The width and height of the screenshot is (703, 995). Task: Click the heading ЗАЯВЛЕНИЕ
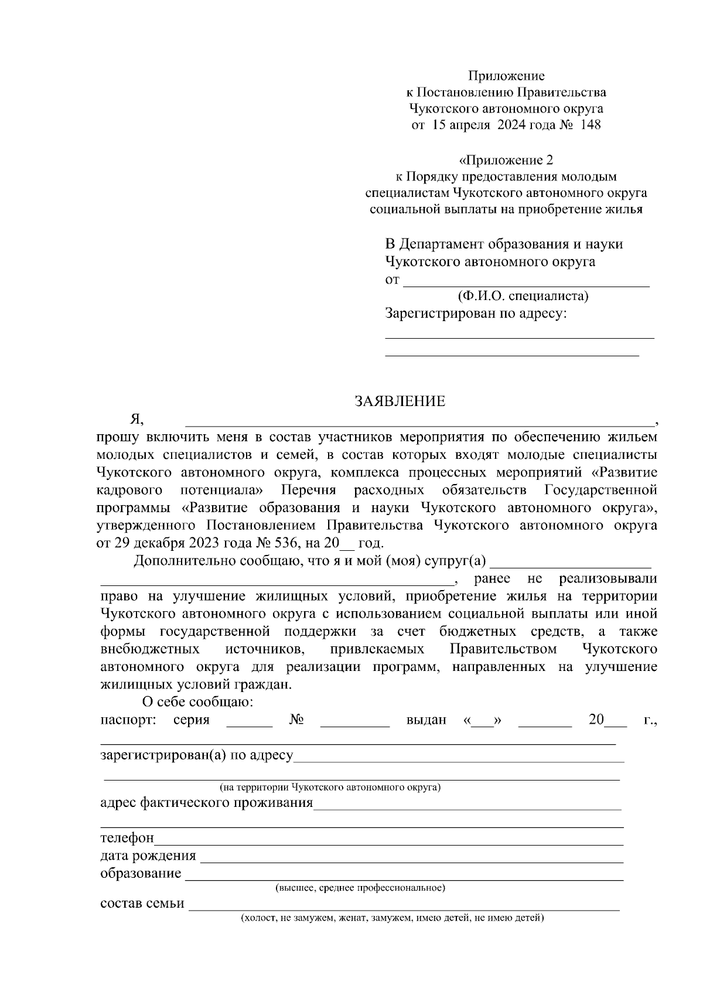pos(400,401)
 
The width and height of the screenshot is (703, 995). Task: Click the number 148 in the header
pos(590,125)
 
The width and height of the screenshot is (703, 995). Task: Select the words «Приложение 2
pos(506,160)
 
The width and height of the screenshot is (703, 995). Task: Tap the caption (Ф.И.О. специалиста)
pos(523,296)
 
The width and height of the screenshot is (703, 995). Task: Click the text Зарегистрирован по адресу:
pos(476,314)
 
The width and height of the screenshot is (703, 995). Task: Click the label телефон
pos(127,839)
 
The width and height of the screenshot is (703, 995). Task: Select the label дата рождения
pos(148,856)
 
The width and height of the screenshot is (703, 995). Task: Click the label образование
pos(141,874)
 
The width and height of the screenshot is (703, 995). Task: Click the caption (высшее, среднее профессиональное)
pos(360,888)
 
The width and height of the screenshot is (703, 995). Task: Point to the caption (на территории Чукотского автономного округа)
pos(330,787)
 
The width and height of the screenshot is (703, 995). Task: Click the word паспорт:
pos(128,720)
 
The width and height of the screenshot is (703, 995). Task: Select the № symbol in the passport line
pos(296,720)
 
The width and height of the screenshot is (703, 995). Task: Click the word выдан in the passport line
pos(426,720)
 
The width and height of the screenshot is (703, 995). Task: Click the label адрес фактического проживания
pos(207,802)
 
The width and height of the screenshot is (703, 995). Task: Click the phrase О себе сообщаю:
pos(198,701)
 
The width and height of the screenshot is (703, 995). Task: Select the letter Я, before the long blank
pos(136,419)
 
